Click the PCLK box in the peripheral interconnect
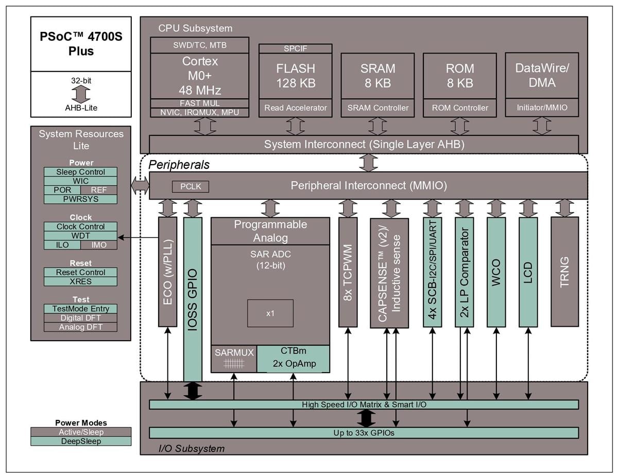pyautogui.click(x=191, y=186)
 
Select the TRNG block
pyautogui.click(x=564, y=271)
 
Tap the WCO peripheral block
pyautogui.click(x=496, y=272)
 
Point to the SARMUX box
pyautogui.click(x=234, y=358)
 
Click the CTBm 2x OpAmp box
pyautogui.click(x=293, y=358)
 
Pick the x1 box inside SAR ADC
pyautogui.click(x=270, y=313)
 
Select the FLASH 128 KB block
pyautogui.click(x=295, y=76)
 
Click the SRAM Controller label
pyautogui.click(x=377, y=108)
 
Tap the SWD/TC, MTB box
pyautogui.click(x=199, y=45)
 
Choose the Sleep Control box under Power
pyautogui.click(x=80, y=172)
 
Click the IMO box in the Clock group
pyautogui.click(x=98, y=245)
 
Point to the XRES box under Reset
pyautogui.click(x=80, y=282)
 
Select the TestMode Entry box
pyautogui.click(x=80, y=309)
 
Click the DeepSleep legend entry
pyautogui.click(x=80, y=441)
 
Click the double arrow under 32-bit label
pyautogui.click(x=81, y=94)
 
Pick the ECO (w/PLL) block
pyautogui.click(x=167, y=271)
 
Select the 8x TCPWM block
pyautogui.click(x=348, y=271)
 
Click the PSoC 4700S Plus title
pyautogui.click(x=81, y=44)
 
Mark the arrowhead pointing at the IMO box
pyautogui.click(x=119, y=237)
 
